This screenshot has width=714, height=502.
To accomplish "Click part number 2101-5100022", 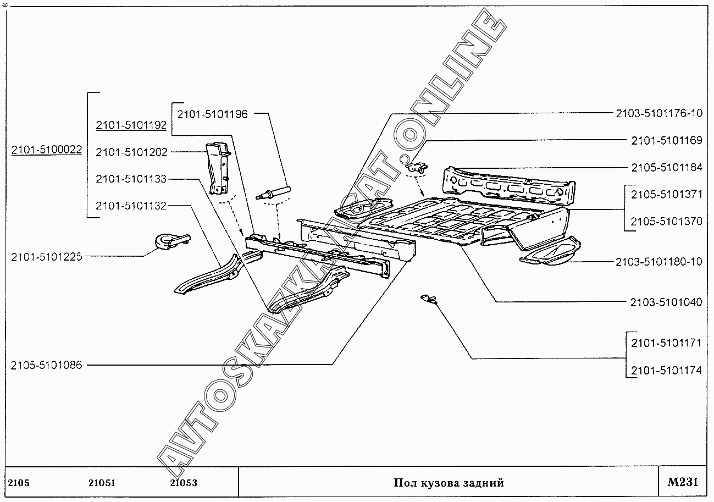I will pos(46,149).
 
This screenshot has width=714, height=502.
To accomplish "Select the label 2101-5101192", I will pos(131,125).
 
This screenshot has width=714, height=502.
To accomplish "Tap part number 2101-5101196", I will pos(212,114).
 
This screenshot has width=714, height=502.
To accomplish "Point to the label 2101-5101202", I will pos(131,152).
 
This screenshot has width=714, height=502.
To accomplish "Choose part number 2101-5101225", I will pos(46,256).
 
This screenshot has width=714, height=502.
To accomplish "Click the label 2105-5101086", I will pos(46,365).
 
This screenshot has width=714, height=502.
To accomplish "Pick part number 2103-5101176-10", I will pos(658,114).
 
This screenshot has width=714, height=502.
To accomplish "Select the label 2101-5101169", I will pos(666,141).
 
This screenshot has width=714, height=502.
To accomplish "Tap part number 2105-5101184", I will pos(666,168).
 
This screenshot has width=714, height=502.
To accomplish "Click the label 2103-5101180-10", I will pos(658,262).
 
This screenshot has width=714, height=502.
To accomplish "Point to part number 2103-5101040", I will pos(666,302).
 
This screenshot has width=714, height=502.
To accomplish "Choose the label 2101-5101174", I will pos(666,370).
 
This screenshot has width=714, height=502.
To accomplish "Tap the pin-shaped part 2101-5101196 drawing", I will pos(273,192).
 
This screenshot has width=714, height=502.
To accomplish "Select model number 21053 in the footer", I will pos(184,483).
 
